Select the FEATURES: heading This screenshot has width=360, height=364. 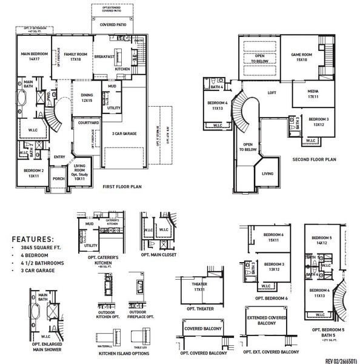tap(33, 239)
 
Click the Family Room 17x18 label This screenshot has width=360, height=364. tap(76, 57)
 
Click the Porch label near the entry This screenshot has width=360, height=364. tap(59, 179)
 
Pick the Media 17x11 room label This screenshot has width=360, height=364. tap(313, 95)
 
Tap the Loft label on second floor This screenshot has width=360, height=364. tap(272, 93)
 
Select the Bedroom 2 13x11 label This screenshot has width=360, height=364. tap(33, 174)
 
